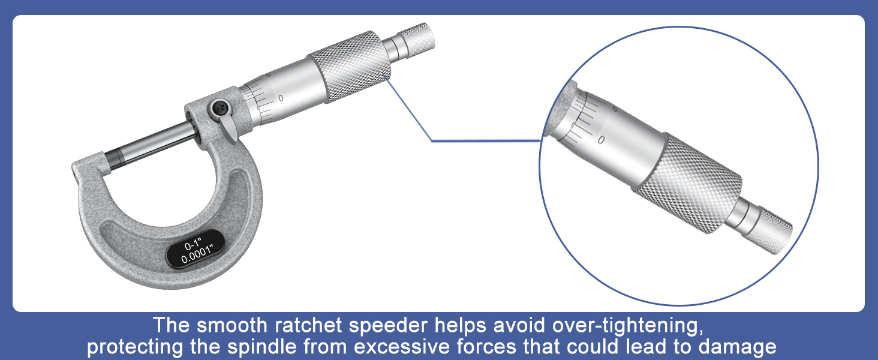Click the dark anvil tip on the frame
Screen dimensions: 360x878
[112, 158]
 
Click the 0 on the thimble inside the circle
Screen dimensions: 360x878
[602, 140]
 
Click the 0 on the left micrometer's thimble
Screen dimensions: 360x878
[281, 98]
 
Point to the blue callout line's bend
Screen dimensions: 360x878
[432, 141]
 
